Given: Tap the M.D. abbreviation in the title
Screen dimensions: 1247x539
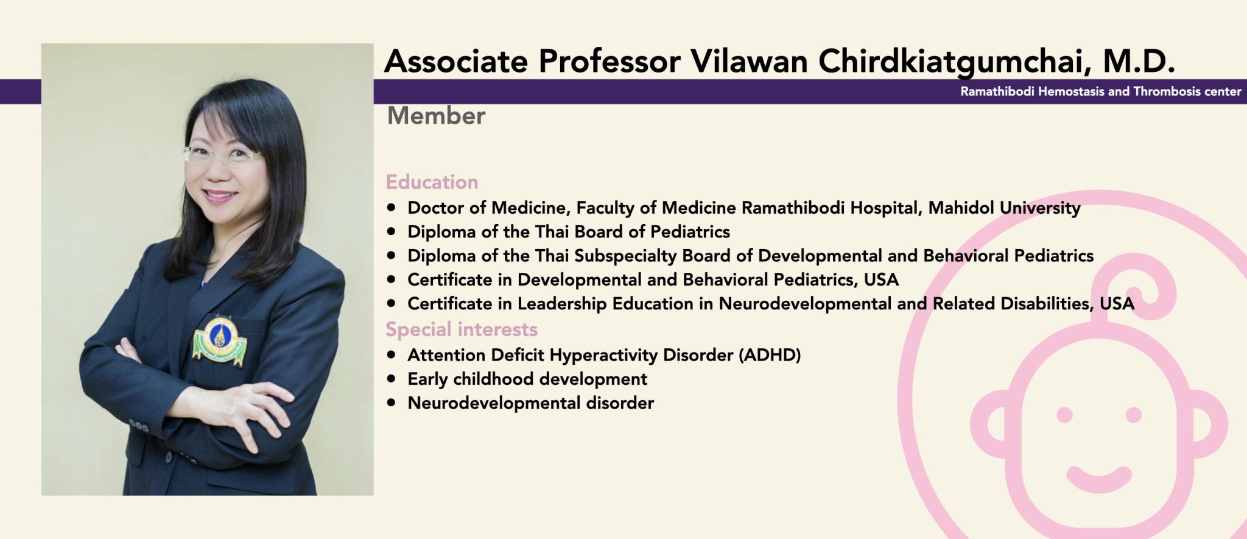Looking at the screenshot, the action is pyautogui.click(x=1139, y=61).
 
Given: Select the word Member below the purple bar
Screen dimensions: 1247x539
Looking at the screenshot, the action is pyautogui.click(x=436, y=116).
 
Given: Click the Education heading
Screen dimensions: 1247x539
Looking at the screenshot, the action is pyautogui.click(x=432, y=182).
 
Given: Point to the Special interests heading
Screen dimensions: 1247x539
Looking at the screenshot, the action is pyautogui.click(x=462, y=329).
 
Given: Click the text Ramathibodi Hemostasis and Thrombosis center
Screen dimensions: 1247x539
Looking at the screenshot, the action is pyautogui.click(x=1101, y=92).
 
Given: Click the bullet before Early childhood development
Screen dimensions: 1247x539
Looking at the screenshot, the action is pyautogui.click(x=391, y=379).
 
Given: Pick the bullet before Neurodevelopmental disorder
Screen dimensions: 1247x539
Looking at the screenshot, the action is pyautogui.click(x=391, y=403).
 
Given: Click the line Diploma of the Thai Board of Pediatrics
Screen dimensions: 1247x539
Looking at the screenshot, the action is pyautogui.click(x=569, y=232).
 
